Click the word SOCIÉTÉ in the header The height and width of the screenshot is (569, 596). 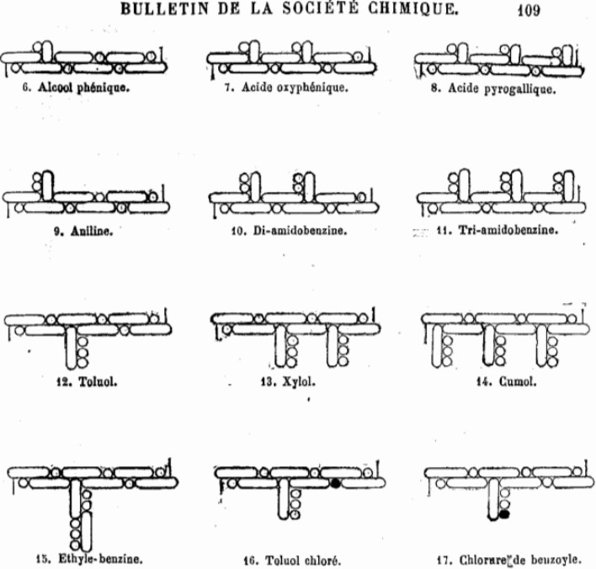click(x=323, y=10)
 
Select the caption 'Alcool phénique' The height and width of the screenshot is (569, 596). click(x=83, y=86)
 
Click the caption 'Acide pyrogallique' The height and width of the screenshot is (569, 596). click(x=502, y=87)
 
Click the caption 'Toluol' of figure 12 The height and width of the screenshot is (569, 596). click(x=96, y=381)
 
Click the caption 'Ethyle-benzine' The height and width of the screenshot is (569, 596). click(x=100, y=557)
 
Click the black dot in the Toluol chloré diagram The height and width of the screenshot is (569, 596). click(x=335, y=484)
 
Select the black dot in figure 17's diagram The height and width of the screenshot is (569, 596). click(x=504, y=513)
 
